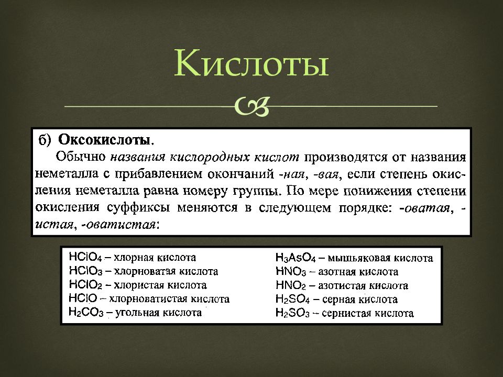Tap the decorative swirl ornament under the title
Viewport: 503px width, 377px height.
point(251,106)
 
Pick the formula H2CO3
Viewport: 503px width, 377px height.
point(86,312)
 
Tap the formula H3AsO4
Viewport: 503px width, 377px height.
point(296,258)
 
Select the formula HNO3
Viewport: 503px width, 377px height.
point(291,272)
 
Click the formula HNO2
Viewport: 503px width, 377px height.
point(291,285)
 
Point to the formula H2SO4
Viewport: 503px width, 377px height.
point(292,300)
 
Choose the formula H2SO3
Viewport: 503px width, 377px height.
point(292,313)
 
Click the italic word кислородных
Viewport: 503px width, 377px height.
point(210,158)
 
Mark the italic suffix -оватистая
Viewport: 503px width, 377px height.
point(119,225)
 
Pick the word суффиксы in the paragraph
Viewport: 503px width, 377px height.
point(138,208)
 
